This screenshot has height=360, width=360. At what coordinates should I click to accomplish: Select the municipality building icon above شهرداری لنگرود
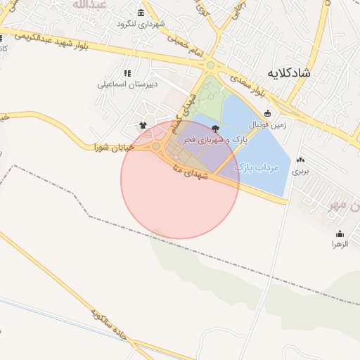click(x=141, y=13)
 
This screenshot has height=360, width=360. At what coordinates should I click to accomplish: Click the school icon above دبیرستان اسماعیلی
click(x=127, y=72)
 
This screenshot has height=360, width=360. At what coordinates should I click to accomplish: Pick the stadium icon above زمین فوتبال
click(x=266, y=113)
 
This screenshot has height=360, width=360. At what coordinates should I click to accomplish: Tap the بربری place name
click(x=301, y=171)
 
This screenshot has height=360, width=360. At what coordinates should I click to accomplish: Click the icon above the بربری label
click(x=301, y=160)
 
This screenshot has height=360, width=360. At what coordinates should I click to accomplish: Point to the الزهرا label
click(x=340, y=244)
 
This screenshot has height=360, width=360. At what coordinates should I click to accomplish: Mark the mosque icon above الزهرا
click(x=340, y=233)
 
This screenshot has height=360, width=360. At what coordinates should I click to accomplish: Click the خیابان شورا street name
click(x=110, y=147)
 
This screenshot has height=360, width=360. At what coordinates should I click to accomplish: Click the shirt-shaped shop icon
click(x=143, y=124)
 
